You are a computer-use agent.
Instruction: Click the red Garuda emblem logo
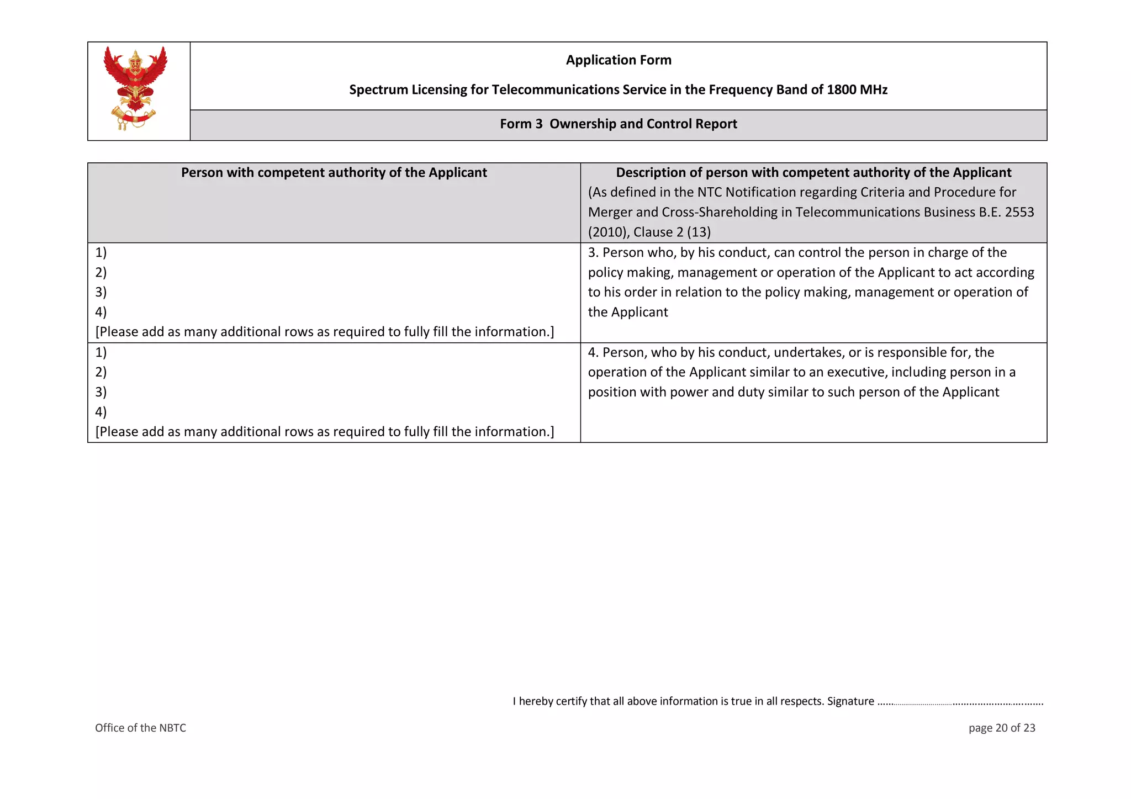(135, 88)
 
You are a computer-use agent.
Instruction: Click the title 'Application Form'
(618, 60)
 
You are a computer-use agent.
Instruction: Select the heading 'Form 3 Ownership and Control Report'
(618, 124)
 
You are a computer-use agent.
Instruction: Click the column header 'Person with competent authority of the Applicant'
(334, 172)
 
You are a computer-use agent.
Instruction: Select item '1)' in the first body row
(101, 252)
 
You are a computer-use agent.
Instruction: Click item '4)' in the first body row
(101, 312)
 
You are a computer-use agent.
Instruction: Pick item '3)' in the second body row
(101, 392)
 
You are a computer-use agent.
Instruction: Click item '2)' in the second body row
(101, 372)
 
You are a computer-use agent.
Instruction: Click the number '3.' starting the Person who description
(593, 252)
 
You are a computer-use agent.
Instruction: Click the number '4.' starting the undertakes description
(593, 352)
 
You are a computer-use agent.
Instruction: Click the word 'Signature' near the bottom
(850, 701)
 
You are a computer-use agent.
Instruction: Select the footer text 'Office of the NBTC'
(140, 728)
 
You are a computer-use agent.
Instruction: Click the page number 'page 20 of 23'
(1001, 728)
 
